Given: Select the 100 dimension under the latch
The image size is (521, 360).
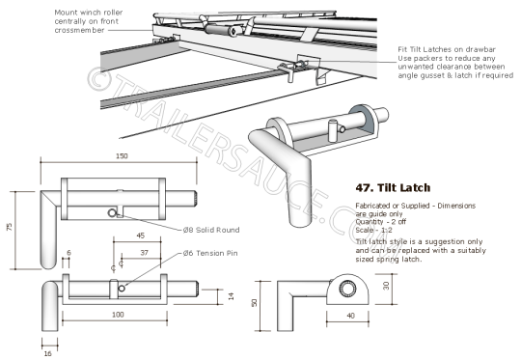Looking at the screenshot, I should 117,316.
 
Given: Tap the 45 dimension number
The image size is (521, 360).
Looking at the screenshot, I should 140,234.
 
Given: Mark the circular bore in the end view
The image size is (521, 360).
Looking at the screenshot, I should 344,289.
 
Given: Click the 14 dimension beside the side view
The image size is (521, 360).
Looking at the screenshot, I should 230,296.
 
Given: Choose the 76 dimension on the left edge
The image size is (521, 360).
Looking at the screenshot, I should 9,227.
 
